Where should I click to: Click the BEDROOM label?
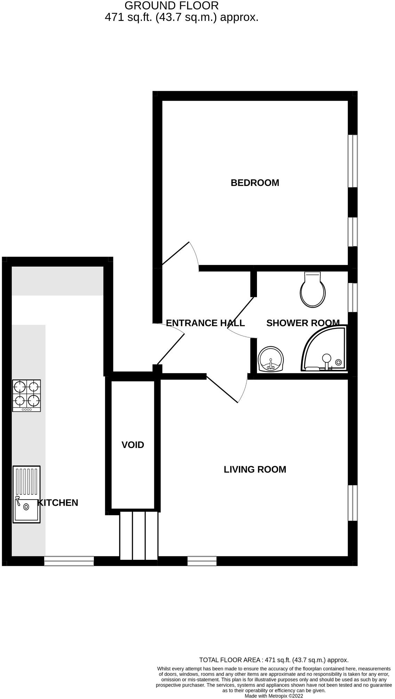point(255,183)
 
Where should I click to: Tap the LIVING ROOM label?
point(255,469)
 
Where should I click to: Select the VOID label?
point(132,445)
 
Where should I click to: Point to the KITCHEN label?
point(58,502)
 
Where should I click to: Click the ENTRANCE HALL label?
point(205,323)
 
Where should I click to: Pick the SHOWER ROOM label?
point(303,323)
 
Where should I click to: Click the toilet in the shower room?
point(313,290)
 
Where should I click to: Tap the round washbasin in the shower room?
point(271,359)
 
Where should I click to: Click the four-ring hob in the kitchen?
point(26,395)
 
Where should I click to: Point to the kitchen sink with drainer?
point(26,494)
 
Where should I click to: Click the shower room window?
point(353,297)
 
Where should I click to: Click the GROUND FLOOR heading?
point(171,6)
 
